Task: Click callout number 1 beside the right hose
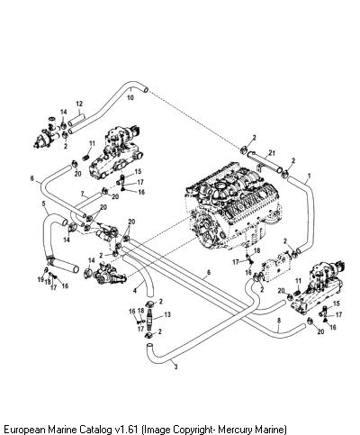[310, 175]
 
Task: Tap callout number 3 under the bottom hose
[175, 367]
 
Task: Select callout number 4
[135, 290]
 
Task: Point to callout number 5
[44, 204]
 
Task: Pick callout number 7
[83, 194]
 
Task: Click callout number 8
[279, 321]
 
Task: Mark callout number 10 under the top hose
[130, 97]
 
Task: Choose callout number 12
[79, 104]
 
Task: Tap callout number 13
[167, 314]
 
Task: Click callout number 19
[40, 279]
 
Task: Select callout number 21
[272, 153]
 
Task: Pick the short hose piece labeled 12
[76, 120]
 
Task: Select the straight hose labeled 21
[265, 162]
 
